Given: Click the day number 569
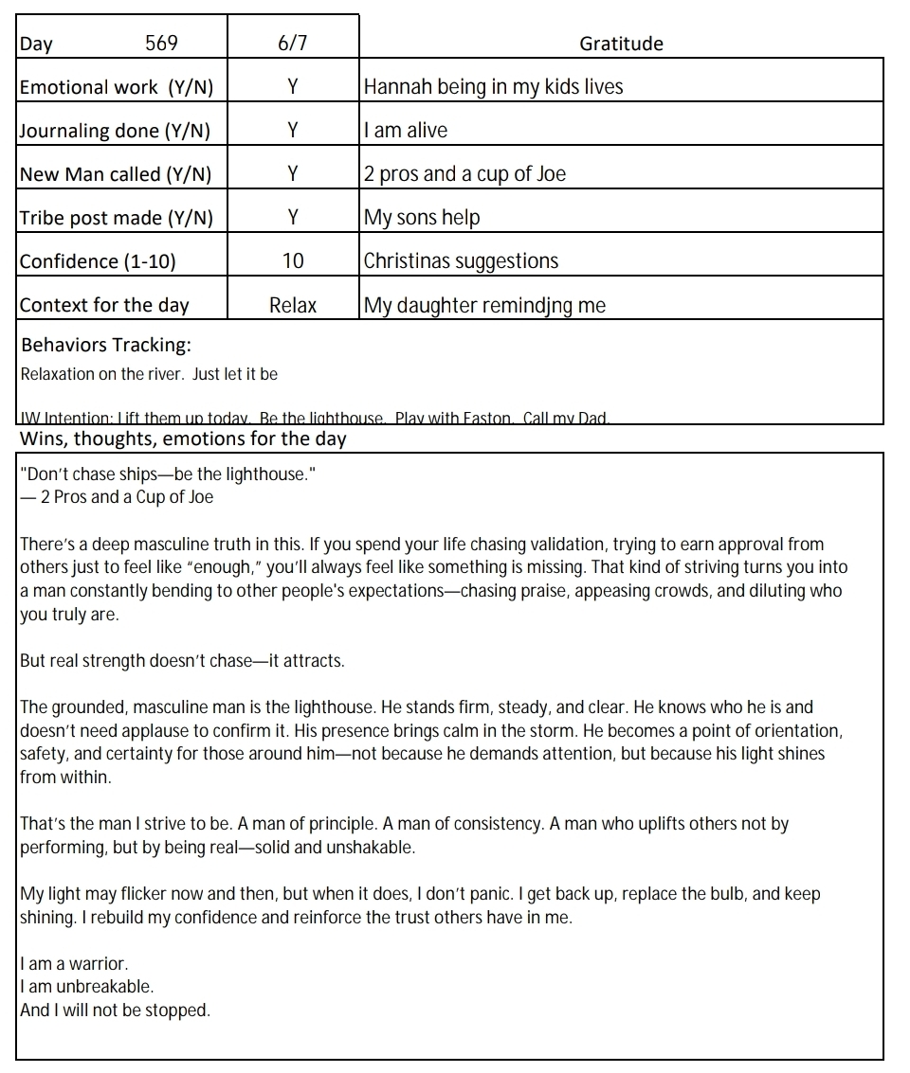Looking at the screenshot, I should point(161,44).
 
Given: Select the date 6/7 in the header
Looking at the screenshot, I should point(293,44).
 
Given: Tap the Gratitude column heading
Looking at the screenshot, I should point(621,44).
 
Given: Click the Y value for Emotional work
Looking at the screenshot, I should point(293,87).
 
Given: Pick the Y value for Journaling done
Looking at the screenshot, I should point(293,131).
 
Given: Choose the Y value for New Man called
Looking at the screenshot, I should point(293,174).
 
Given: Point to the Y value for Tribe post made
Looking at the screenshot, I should point(293,218).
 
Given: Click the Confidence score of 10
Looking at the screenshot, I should point(293,261).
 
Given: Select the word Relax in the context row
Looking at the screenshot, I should point(293,305).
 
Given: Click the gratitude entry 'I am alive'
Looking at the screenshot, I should point(406,131).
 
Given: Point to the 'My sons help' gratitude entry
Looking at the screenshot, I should point(422,218).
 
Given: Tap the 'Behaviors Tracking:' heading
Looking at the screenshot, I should point(105,345).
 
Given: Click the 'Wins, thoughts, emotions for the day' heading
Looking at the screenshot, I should point(183,438).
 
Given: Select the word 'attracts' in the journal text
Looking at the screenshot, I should point(314,661).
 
